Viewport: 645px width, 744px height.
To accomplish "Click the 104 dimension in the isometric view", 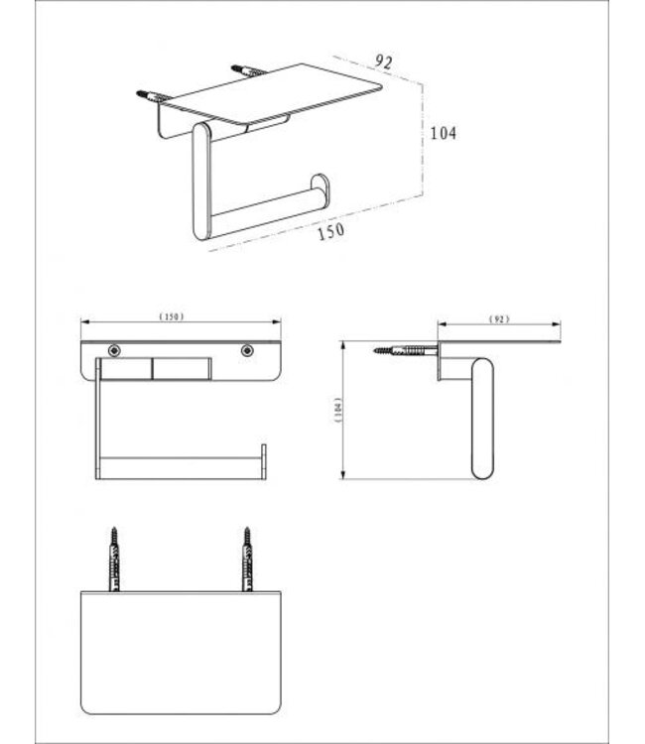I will click(x=443, y=133).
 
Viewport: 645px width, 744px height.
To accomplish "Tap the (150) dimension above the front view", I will click(x=173, y=316).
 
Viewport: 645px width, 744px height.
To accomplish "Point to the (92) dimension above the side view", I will click(x=499, y=318).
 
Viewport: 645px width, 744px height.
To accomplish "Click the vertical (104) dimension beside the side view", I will click(x=337, y=411).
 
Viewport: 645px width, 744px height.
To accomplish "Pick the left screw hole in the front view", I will click(x=115, y=350).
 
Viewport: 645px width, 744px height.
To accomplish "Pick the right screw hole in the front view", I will click(x=246, y=350).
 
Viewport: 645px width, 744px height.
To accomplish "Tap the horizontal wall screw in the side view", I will click(x=405, y=349).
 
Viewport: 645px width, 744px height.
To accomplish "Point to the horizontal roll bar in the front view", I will click(x=179, y=463).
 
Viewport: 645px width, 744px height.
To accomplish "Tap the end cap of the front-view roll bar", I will click(x=263, y=461).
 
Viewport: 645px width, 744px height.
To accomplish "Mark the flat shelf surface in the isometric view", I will click(x=278, y=90).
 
